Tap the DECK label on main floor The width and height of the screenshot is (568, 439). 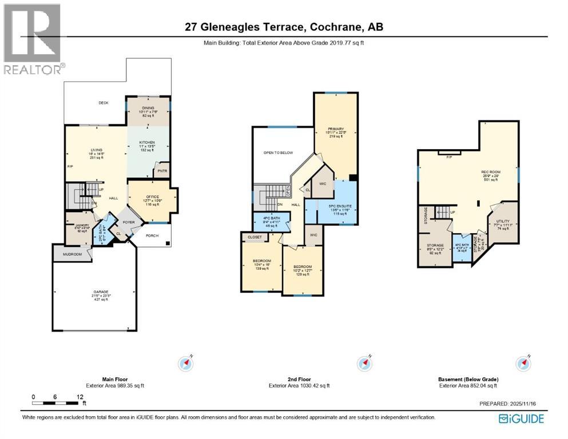point(104,103)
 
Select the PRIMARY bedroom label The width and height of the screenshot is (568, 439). point(335,130)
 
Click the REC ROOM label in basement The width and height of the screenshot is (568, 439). point(491,171)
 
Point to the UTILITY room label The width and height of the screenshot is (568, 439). point(503,221)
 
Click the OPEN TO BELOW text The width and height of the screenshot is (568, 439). point(276,153)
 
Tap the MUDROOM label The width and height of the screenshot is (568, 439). point(72,254)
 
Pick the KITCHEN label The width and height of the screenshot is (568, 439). point(148,142)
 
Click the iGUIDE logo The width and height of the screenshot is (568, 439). point(521,419)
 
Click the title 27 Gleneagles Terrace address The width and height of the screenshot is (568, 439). point(284,26)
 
